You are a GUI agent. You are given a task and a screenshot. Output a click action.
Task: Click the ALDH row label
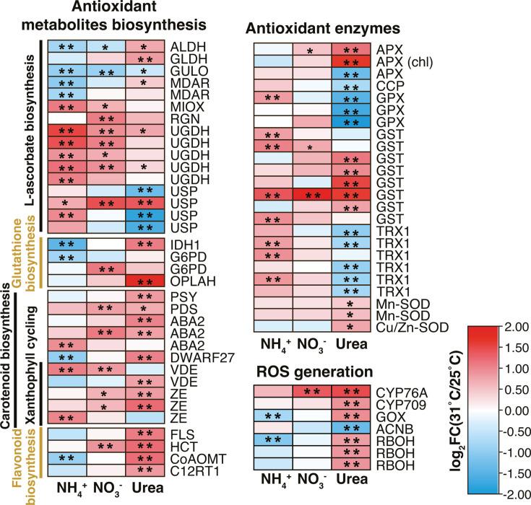(x=184, y=48)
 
